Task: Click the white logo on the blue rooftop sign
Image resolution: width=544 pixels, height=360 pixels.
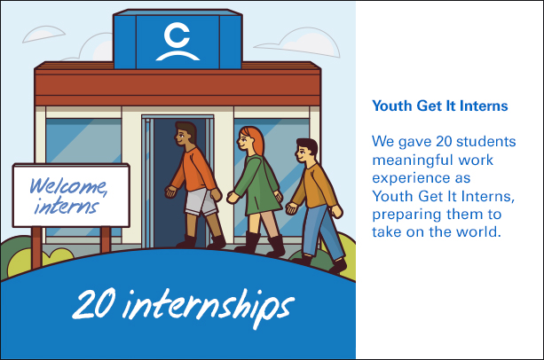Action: click(177, 42)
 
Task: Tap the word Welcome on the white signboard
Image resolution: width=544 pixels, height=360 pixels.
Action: click(68, 186)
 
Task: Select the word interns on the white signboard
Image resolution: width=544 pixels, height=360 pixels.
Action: click(67, 206)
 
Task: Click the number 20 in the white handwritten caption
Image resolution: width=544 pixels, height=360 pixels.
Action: click(94, 304)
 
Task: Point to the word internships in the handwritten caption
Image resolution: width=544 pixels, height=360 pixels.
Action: click(209, 308)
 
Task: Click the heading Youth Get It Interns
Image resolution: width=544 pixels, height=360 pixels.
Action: click(440, 106)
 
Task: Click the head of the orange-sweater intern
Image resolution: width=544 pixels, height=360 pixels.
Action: click(185, 135)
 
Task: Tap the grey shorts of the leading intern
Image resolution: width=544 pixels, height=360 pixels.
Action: click(201, 202)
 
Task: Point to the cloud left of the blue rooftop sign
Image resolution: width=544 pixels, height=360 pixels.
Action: click(43, 34)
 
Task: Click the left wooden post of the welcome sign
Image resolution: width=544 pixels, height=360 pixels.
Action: click(36, 247)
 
